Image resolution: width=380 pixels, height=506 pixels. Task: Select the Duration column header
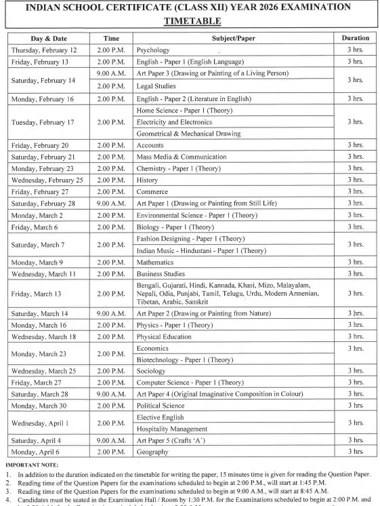(355, 39)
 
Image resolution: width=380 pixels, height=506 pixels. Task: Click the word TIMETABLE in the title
(190, 21)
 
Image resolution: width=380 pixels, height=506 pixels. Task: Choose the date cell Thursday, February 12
(45, 50)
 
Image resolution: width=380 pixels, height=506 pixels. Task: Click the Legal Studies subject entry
(156, 86)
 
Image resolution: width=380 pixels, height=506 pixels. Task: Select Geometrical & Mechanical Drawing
(188, 134)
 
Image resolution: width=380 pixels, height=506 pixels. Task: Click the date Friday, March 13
(38, 294)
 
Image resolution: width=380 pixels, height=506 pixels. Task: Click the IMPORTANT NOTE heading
(31, 464)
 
